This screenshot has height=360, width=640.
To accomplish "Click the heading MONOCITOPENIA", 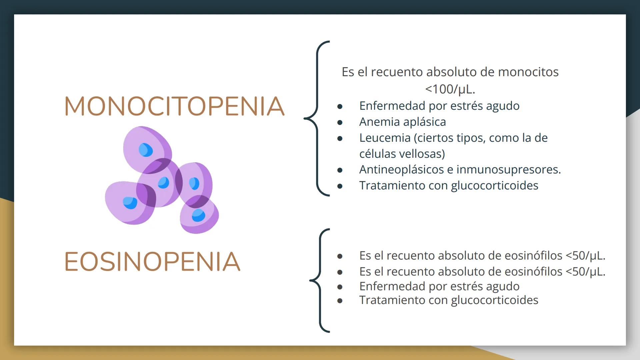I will click(x=174, y=106).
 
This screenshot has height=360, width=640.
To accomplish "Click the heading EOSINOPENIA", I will click(x=152, y=262).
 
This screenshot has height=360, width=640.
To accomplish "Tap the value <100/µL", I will click(x=450, y=89).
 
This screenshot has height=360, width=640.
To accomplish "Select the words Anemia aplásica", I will click(x=402, y=122).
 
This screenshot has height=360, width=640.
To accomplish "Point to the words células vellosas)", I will click(x=402, y=154).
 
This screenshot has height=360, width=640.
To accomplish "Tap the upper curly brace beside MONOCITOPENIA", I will click(x=317, y=118).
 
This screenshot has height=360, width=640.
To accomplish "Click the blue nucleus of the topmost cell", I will click(x=146, y=150).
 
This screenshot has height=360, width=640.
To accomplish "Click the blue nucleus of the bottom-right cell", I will click(x=199, y=215).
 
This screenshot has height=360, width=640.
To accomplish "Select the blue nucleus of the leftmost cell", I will click(x=130, y=203).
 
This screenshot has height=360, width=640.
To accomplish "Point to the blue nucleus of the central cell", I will click(x=163, y=183).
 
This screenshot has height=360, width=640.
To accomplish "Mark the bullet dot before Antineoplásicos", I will click(x=340, y=170).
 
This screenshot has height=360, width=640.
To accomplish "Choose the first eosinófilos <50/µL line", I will click(x=482, y=256).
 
